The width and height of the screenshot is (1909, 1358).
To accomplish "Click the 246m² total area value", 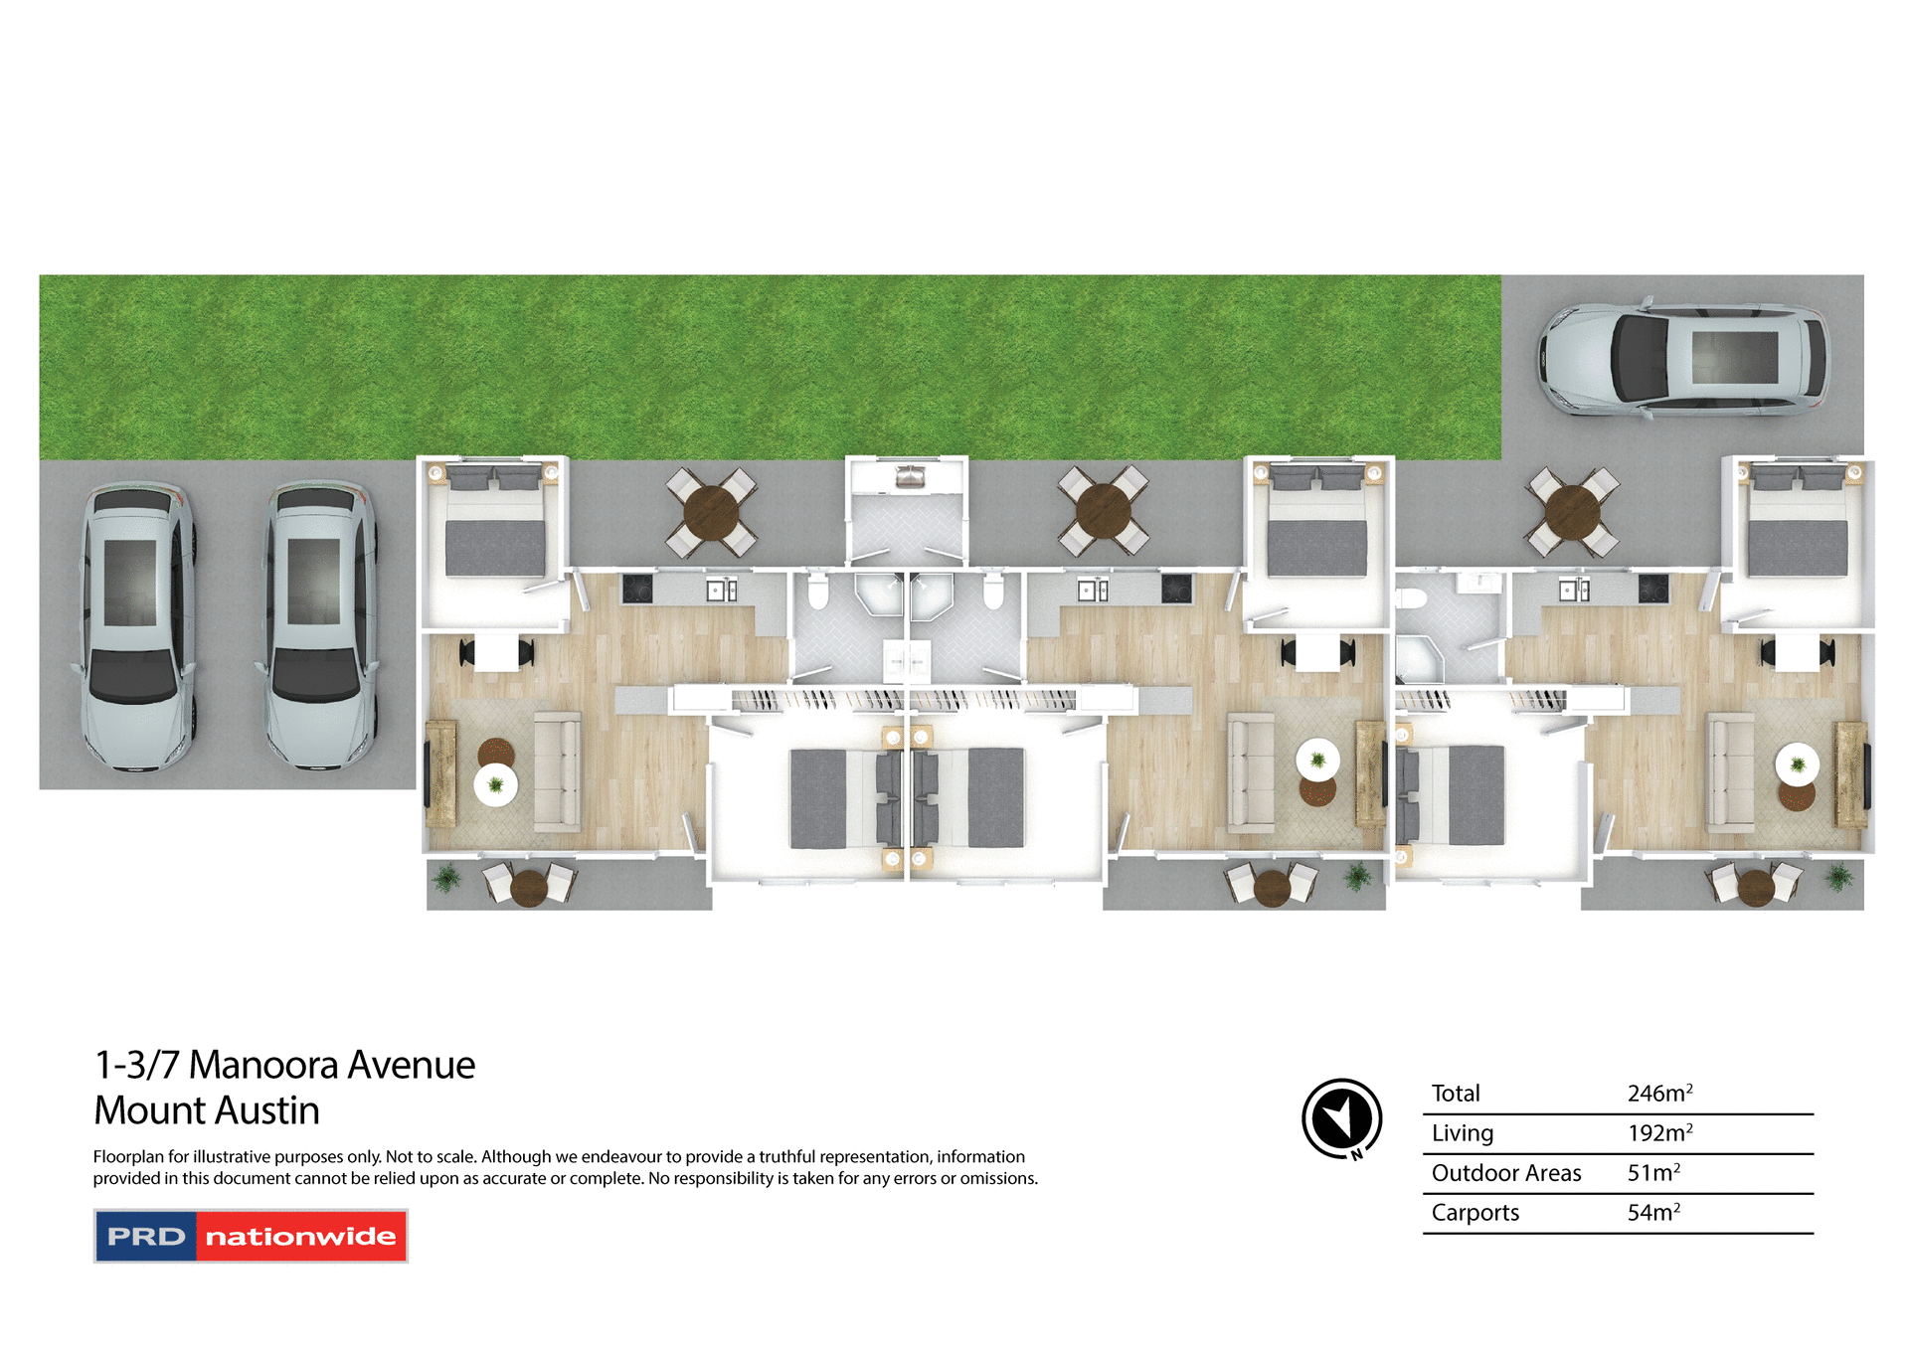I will pyautogui.click(x=1658, y=1094).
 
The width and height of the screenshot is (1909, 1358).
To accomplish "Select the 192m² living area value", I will pyautogui.click(x=1658, y=1133).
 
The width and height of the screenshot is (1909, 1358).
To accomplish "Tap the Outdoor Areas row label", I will pyautogui.click(x=1505, y=1173).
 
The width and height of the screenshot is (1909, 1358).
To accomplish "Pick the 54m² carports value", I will pyautogui.click(x=1652, y=1213).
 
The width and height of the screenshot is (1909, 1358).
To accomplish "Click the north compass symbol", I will pyautogui.click(x=1341, y=1118).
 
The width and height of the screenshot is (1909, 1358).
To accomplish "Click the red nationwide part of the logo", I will pyautogui.click(x=300, y=1236).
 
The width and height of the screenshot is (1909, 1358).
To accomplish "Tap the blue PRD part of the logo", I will pyautogui.click(x=146, y=1236).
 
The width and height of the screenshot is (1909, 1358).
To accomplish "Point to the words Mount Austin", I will pyautogui.click(x=207, y=1110).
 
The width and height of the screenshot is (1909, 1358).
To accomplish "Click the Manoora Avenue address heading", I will pyautogui.click(x=284, y=1065).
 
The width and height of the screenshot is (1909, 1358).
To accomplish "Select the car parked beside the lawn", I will pyautogui.click(x=1682, y=358).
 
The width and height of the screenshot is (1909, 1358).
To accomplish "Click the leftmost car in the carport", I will pyautogui.click(x=136, y=626).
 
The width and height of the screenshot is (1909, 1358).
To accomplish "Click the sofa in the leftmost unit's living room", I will pyautogui.click(x=557, y=770).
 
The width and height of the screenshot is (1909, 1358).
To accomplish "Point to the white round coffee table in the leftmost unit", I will pyautogui.click(x=495, y=784).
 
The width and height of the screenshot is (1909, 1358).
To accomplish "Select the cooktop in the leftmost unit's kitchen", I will pyautogui.click(x=636, y=590).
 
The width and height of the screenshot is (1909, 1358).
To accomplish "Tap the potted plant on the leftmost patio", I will pyautogui.click(x=447, y=879).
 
